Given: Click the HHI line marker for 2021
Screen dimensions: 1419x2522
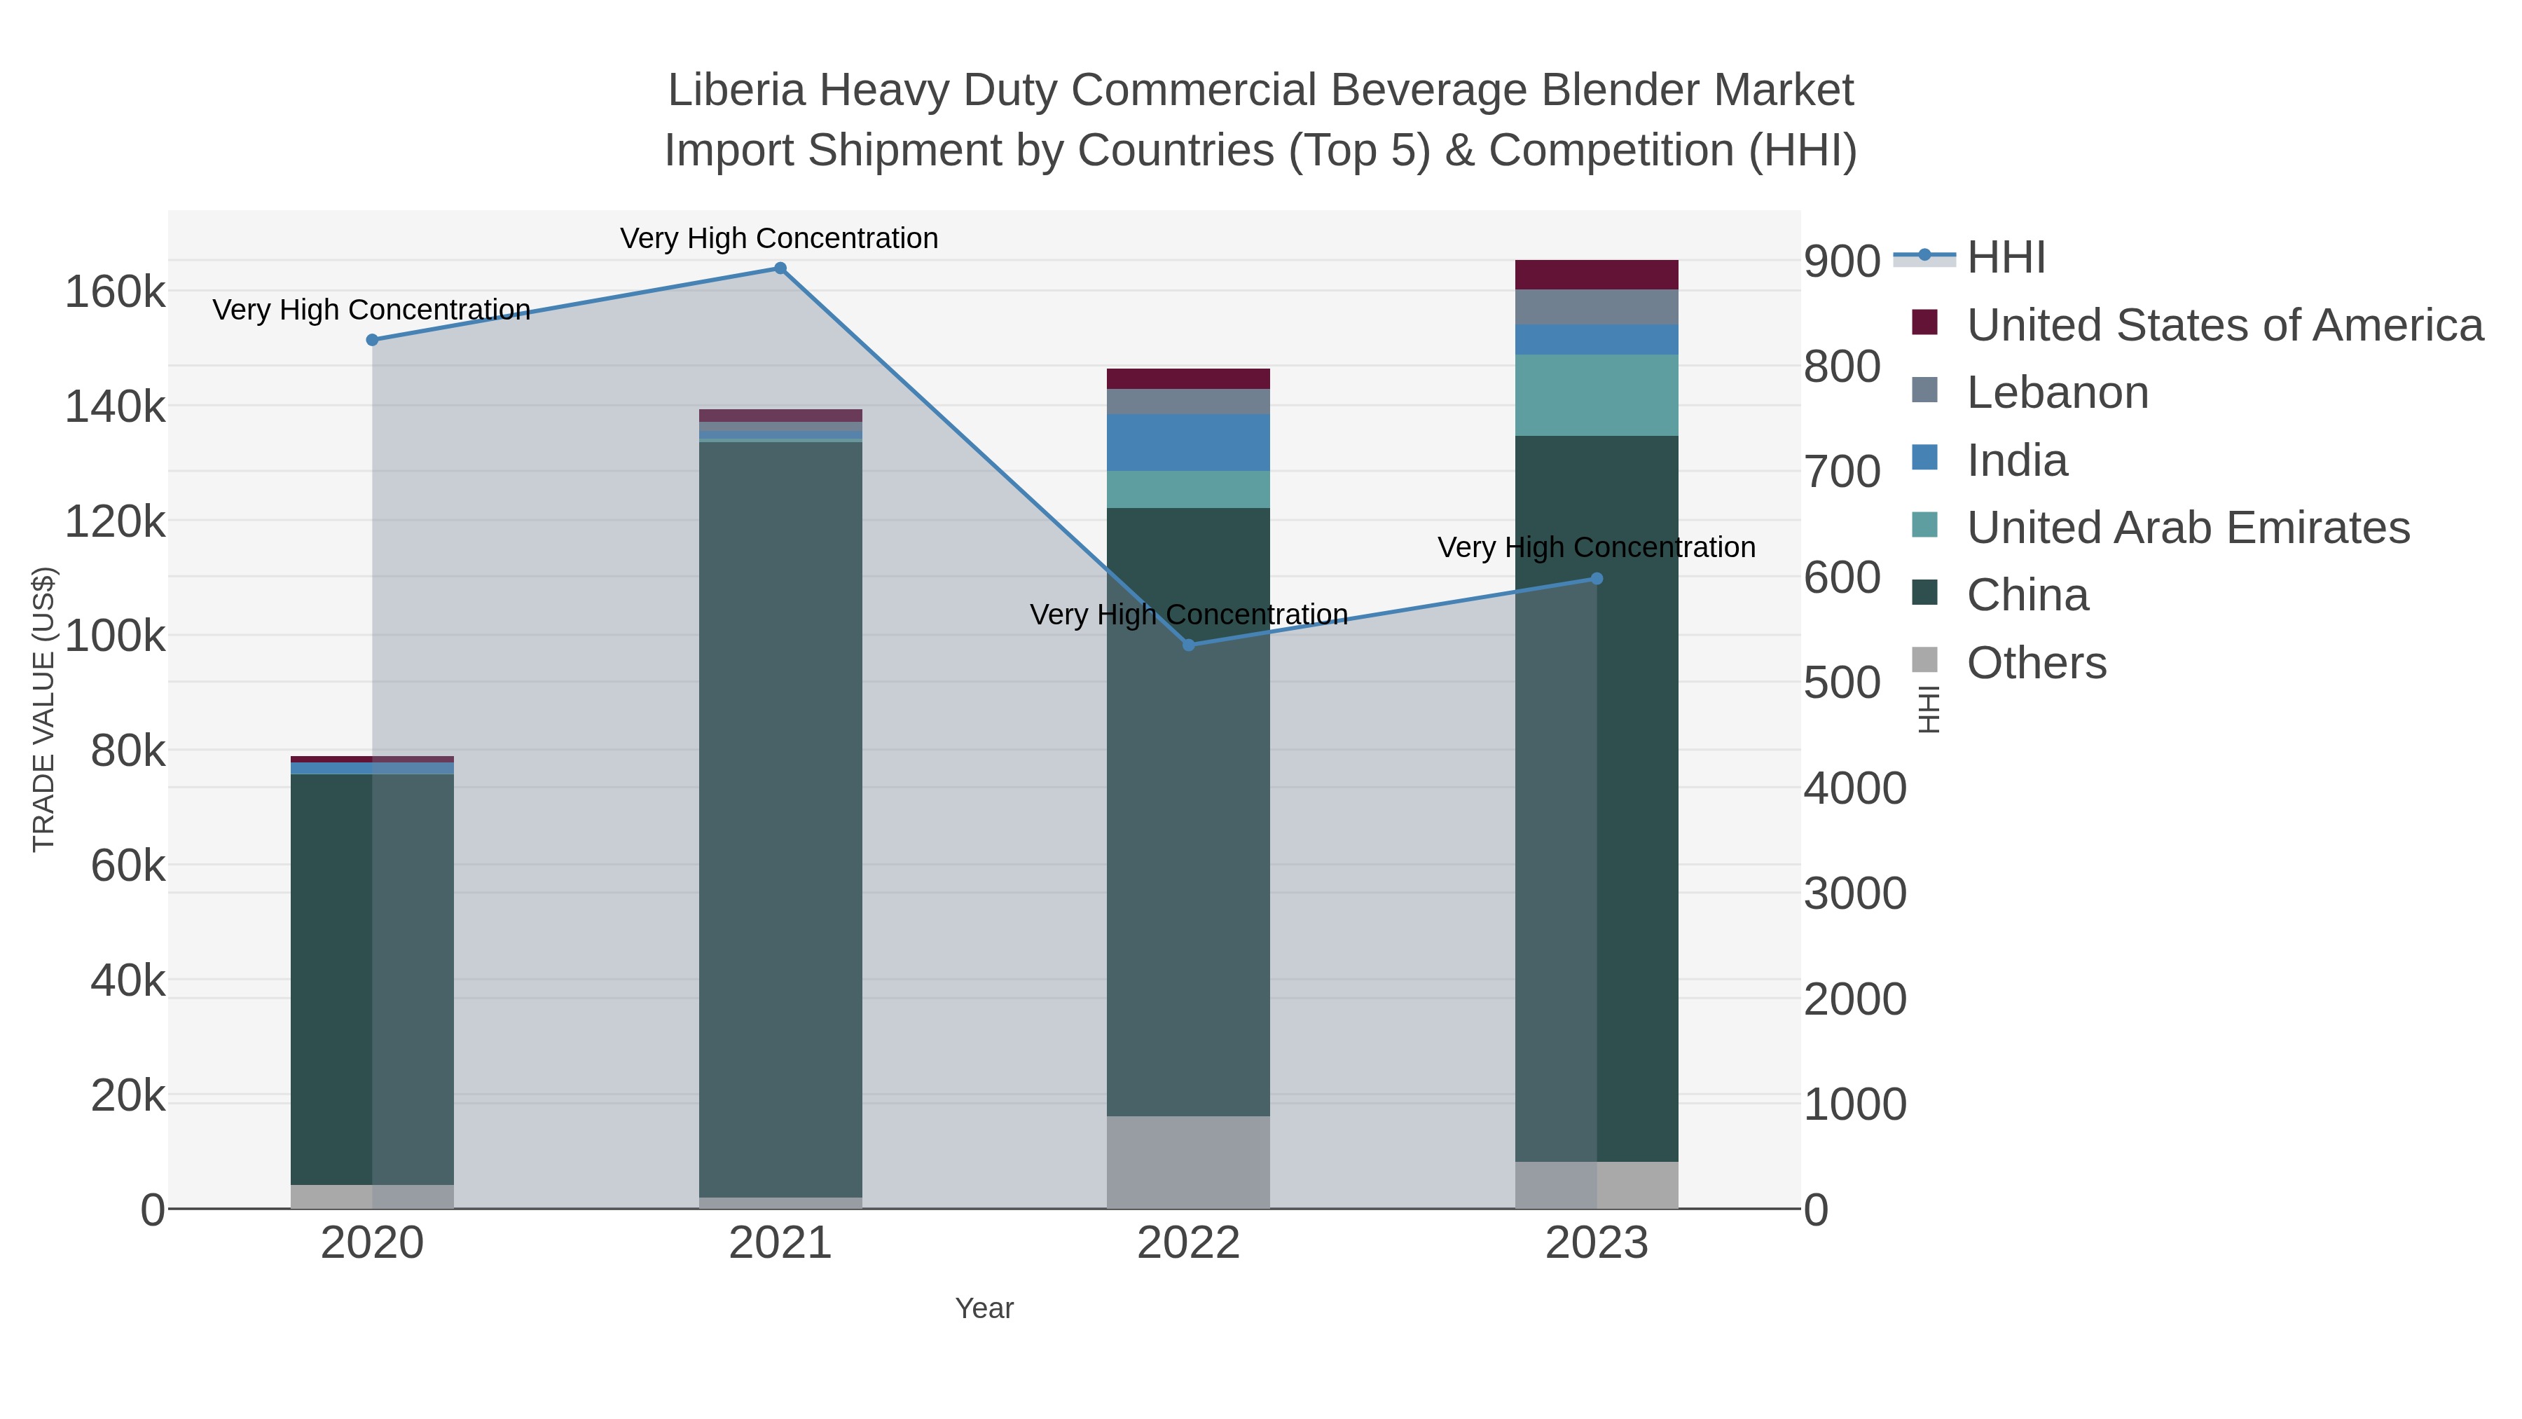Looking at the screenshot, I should (780, 268).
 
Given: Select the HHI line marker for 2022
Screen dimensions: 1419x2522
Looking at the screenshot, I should (1189, 645).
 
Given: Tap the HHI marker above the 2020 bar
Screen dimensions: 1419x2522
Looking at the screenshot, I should (372, 340).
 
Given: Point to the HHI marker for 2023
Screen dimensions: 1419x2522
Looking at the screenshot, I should (1597, 579).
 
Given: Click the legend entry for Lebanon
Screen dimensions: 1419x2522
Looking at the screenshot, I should (2057, 392).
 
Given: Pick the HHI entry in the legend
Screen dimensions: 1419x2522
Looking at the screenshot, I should (2005, 258).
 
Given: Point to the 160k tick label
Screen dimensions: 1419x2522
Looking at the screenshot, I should (116, 292).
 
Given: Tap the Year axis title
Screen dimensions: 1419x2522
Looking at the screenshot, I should (984, 1308).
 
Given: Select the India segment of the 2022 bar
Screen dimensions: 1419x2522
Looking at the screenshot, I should (1189, 443).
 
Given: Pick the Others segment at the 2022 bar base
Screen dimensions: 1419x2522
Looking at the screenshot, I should (1189, 1163).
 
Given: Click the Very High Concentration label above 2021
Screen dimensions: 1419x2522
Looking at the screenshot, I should (779, 238).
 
